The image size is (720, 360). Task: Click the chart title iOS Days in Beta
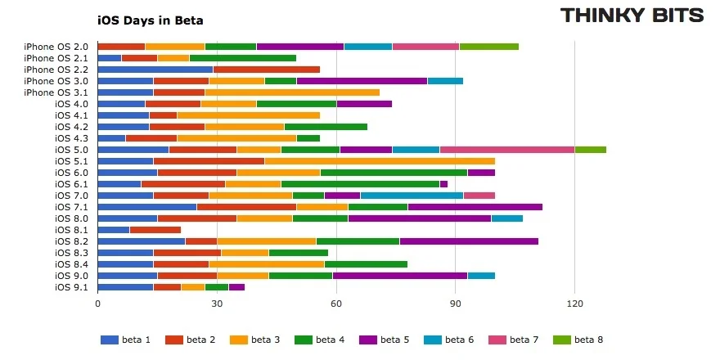click(150, 20)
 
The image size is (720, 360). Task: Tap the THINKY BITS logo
click(632, 16)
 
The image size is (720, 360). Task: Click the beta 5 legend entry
click(389, 340)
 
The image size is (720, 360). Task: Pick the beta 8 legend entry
click(583, 340)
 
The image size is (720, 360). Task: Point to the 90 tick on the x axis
click(456, 304)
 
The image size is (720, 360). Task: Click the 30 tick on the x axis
click(217, 304)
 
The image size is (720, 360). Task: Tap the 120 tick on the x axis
click(574, 304)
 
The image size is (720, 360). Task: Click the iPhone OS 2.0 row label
click(56, 47)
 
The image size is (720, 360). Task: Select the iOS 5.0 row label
click(71, 150)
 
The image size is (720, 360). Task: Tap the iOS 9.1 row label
click(71, 287)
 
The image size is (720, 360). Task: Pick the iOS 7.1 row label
click(71, 207)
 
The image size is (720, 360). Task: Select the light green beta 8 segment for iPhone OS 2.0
click(488, 47)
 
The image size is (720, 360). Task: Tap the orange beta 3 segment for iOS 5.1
click(380, 161)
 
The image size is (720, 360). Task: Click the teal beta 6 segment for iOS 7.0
click(412, 196)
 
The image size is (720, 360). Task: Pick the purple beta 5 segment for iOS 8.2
click(469, 241)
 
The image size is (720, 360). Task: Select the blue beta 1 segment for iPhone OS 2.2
click(155, 70)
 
